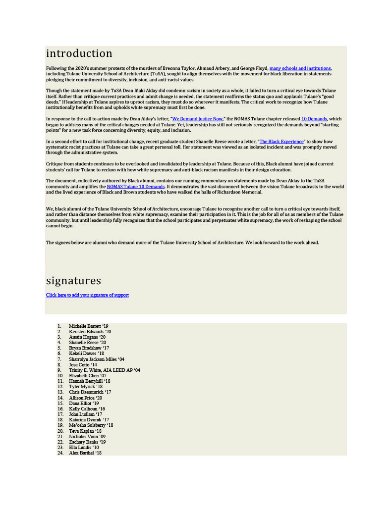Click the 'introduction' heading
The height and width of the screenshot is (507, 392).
(79, 53)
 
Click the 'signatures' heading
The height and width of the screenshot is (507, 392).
(73, 281)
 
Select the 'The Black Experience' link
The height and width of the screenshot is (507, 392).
(281, 142)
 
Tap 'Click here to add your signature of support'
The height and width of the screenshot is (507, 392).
(87, 295)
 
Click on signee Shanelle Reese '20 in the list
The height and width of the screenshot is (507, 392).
(87, 343)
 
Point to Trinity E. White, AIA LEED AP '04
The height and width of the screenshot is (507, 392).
(104, 370)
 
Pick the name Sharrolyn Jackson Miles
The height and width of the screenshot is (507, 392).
(96, 359)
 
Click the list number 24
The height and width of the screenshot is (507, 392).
(60, 453)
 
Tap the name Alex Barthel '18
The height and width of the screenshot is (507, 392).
(85, 453)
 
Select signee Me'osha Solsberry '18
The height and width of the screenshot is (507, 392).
(91, 425)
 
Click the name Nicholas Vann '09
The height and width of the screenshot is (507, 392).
(87, 436)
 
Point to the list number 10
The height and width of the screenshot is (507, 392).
(60, 376)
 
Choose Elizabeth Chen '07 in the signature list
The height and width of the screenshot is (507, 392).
(87, 376)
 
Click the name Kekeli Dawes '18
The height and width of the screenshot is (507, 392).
(86, 354)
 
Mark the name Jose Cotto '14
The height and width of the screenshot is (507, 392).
(83, 365)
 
